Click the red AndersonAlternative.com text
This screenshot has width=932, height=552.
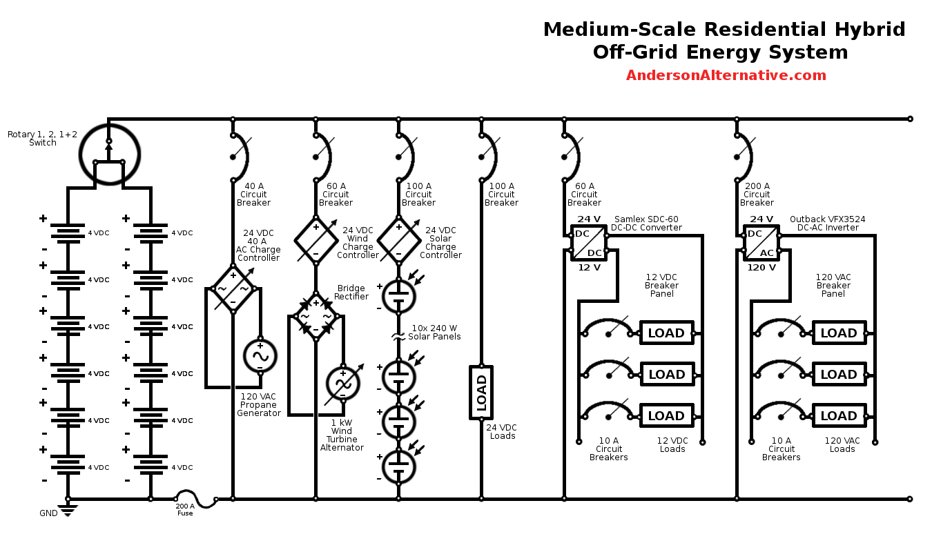[726, 76]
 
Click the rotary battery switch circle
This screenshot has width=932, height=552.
[109, 154]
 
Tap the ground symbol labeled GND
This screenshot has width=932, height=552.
[68, 510]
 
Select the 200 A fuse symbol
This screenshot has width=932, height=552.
[186, 498]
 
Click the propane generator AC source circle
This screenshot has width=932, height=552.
[260, 356]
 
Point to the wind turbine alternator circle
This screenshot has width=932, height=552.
[343, 384]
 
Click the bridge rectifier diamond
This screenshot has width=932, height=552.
[315, 317]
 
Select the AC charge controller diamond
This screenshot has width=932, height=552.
[233, 289]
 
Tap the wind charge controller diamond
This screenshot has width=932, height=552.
[315, 240]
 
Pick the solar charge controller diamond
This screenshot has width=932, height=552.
[398, 240]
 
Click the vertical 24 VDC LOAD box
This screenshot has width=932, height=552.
[481, 392]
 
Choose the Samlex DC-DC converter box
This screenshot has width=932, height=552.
[589, 243]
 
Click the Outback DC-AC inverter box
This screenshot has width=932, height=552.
[761, 243]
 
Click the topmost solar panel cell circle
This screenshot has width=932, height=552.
[398, 295]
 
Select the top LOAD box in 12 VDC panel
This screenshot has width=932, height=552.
[666, 333]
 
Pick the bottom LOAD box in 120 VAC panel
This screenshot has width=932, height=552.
[839, 416]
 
